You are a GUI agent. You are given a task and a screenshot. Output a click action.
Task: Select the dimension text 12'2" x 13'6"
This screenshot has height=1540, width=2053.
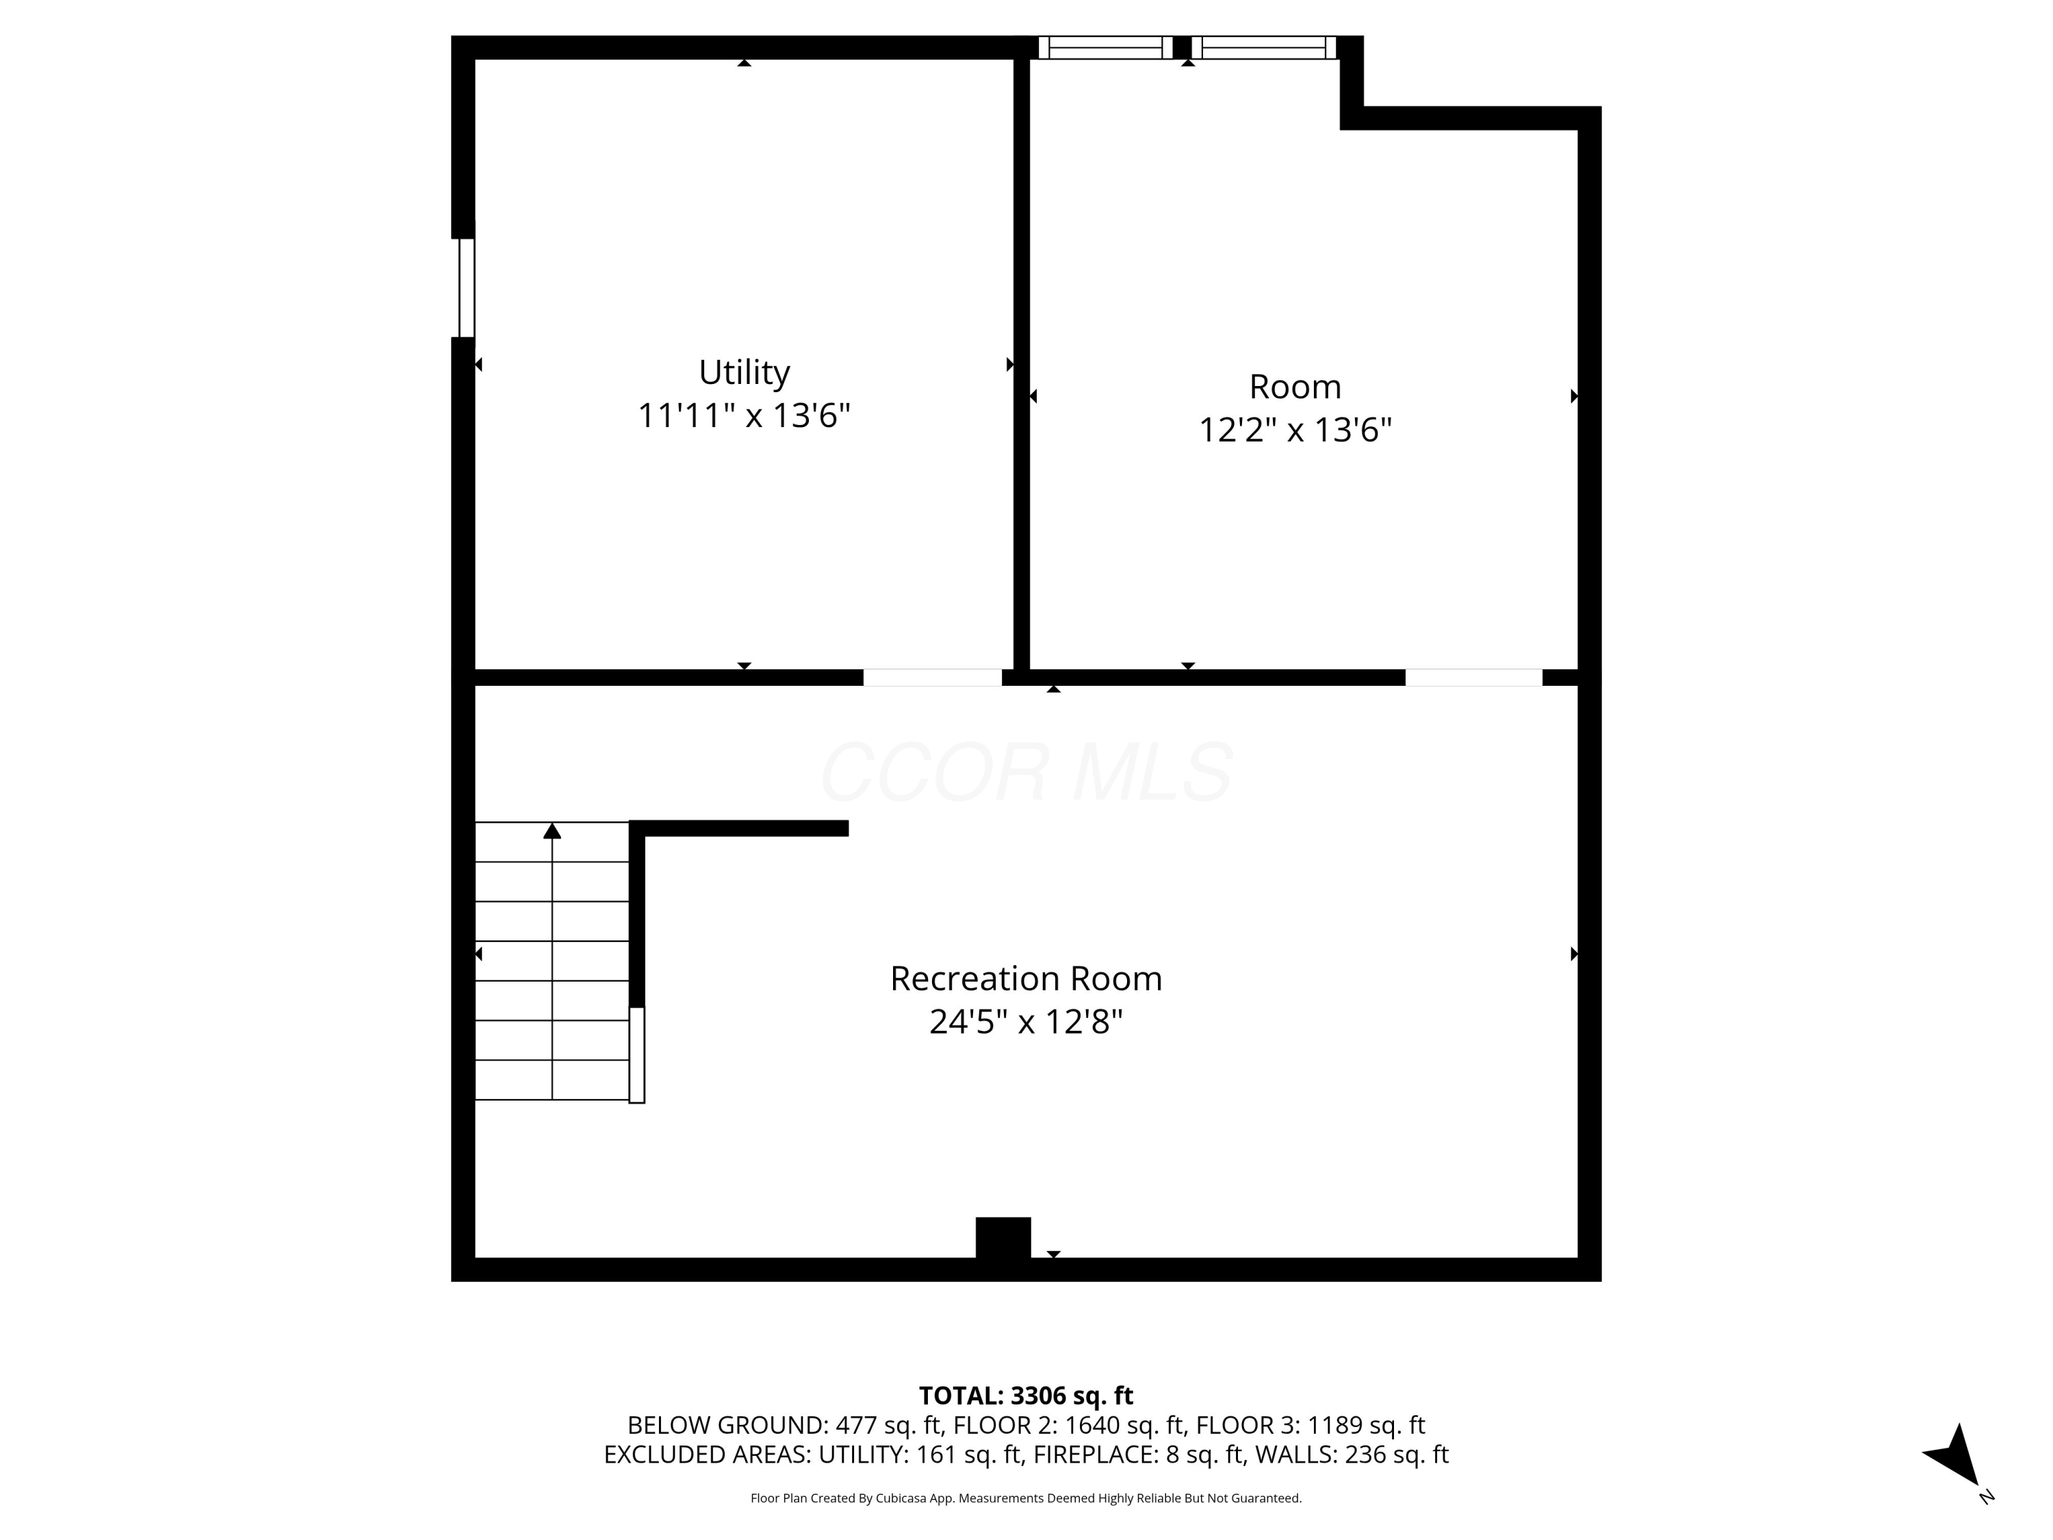click(x=1295, y=430)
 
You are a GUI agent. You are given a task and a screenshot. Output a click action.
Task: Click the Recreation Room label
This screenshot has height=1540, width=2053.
click(x=1026, y=978)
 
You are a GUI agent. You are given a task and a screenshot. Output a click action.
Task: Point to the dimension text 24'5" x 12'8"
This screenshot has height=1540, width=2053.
click(x=1026, y=1022)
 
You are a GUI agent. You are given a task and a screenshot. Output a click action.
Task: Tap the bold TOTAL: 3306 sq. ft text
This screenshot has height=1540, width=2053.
click(x=1026, y=1396)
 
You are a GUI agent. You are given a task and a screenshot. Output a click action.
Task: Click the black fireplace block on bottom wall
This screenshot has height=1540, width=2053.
click(x=1003, y=1237)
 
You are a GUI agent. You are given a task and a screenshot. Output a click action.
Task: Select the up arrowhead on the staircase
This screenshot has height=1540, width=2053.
click(x=552, y=831)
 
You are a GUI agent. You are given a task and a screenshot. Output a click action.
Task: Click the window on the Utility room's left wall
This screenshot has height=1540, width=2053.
click(x=467, y=287)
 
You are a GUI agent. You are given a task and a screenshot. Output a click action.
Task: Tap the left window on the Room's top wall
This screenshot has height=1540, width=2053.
click(x=1105, y=47)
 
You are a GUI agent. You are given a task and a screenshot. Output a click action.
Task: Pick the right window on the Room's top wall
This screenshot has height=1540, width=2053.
click(x=1263, y=47)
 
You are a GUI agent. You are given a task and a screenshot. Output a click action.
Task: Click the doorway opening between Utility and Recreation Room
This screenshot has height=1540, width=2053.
click(x=932, y=678)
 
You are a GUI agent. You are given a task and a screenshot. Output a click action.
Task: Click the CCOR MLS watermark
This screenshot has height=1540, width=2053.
click(x=1026, y=772)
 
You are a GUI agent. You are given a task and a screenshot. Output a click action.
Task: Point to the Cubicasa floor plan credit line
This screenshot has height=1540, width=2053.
click(x=1026, y=1498)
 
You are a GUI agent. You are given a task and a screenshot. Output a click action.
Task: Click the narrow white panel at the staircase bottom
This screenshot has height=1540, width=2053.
click(x=636, y=1055)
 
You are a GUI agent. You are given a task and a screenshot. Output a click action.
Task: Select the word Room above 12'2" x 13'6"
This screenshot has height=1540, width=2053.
click(x=1295, y=386)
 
